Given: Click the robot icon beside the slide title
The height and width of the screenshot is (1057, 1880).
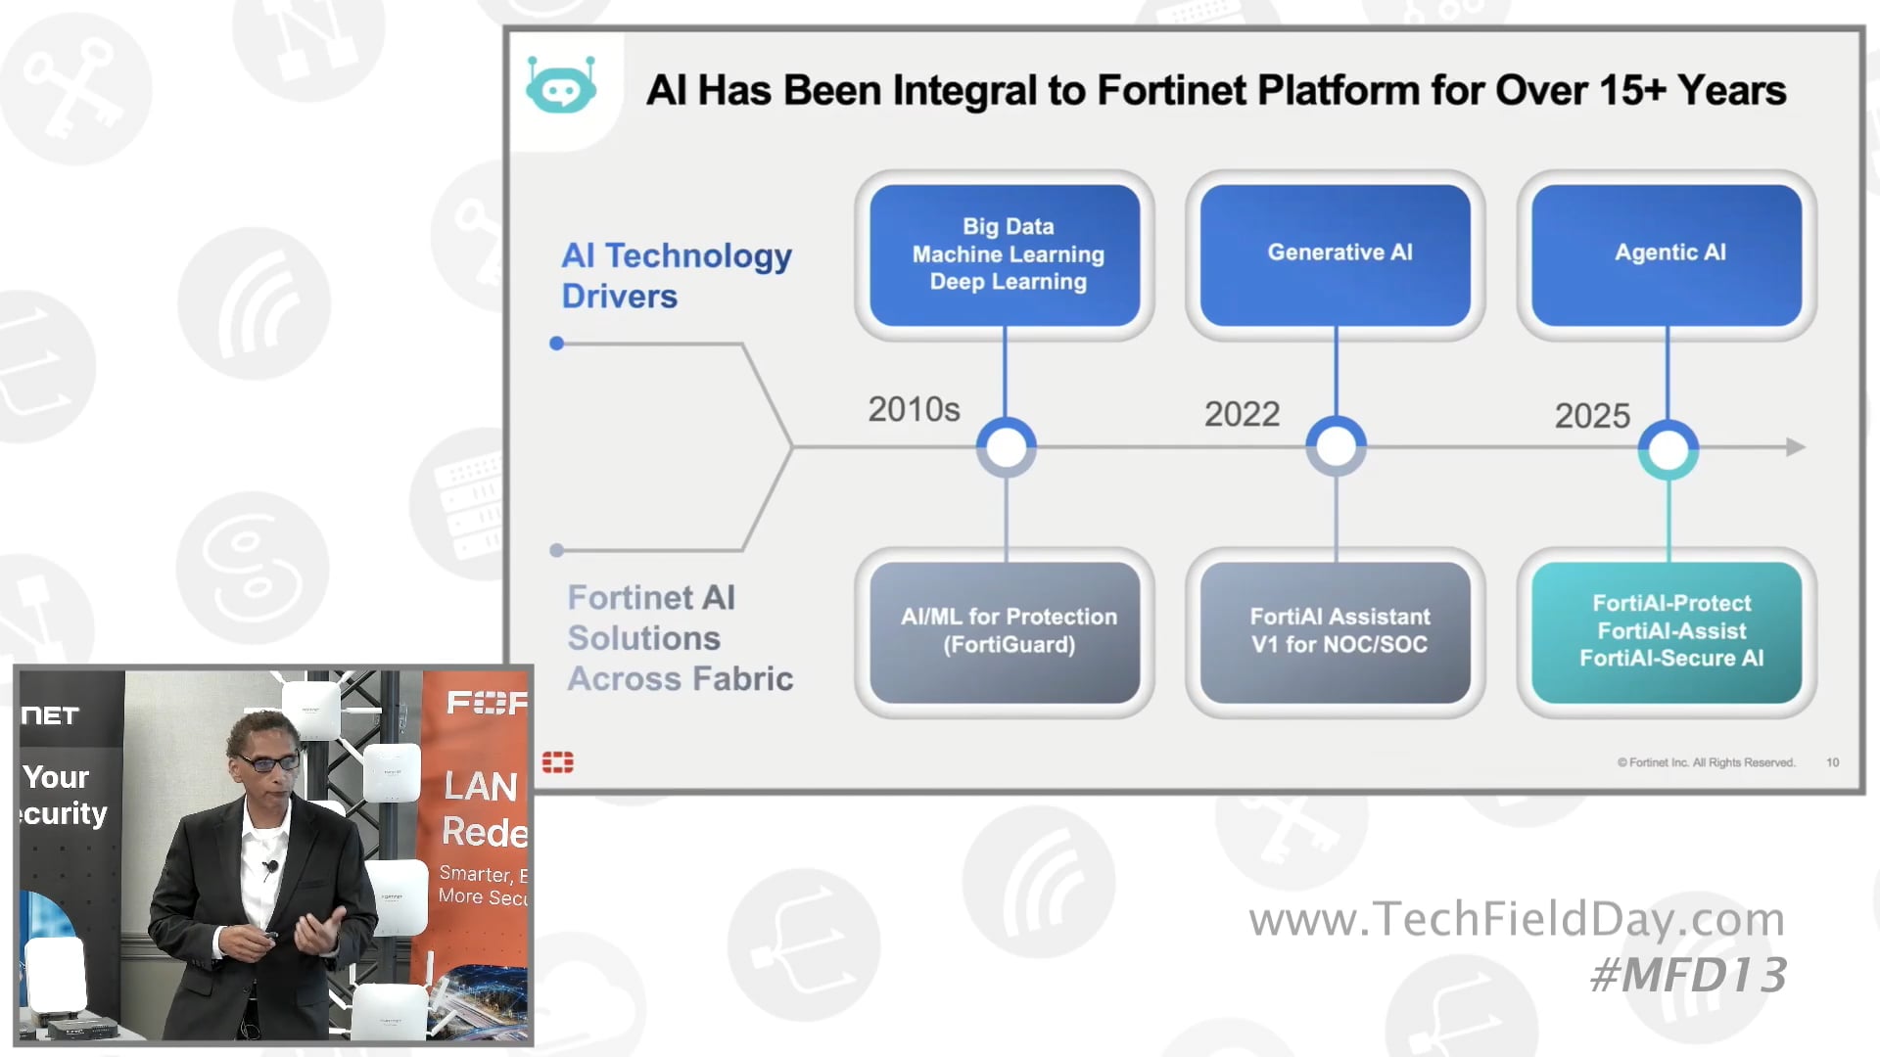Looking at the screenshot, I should [561, 87].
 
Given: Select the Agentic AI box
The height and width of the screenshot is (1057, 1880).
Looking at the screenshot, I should [1667, 254].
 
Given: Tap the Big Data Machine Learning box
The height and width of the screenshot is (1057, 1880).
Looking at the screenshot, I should [1005, 254].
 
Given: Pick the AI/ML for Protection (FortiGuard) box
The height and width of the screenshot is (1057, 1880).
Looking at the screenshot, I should [1005, 631].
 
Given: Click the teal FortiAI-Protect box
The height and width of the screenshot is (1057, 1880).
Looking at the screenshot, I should [1667, 631].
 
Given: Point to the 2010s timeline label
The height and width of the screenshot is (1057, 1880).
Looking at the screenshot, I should [914, 409].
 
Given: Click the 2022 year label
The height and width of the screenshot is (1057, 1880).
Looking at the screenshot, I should [1242, 414].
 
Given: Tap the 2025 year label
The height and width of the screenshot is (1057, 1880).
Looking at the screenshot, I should [1592, 416].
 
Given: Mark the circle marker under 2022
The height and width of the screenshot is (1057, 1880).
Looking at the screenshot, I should [1336, 447].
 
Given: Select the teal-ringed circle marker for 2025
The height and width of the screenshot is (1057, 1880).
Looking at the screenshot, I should [1668, 449].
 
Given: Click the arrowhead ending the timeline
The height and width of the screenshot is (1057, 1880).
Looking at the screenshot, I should [1796, 447].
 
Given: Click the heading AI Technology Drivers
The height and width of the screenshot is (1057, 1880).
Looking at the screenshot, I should [676, 275].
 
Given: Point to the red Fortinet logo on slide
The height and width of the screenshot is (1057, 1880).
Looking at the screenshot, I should [558, 762].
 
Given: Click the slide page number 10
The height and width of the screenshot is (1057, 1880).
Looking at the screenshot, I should [1832, 762].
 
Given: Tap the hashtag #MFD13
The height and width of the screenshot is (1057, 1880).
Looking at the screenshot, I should [1688, 975].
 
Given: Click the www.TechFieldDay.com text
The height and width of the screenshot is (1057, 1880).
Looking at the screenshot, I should [1517, 919].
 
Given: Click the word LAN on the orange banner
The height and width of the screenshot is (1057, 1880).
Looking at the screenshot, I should [480, 786].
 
